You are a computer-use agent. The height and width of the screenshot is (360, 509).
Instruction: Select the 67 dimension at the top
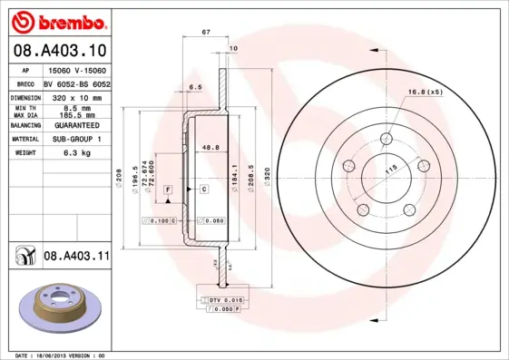click(x=206, y=32)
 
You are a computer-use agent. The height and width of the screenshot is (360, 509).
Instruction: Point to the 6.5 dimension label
click(x=194, y=87)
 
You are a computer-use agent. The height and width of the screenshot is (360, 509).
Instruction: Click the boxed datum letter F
click(x=168, y=188)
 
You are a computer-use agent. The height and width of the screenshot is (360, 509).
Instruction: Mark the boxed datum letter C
click(x=204, y=188)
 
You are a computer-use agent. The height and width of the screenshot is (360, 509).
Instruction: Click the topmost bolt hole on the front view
click(x=387, y=139)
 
